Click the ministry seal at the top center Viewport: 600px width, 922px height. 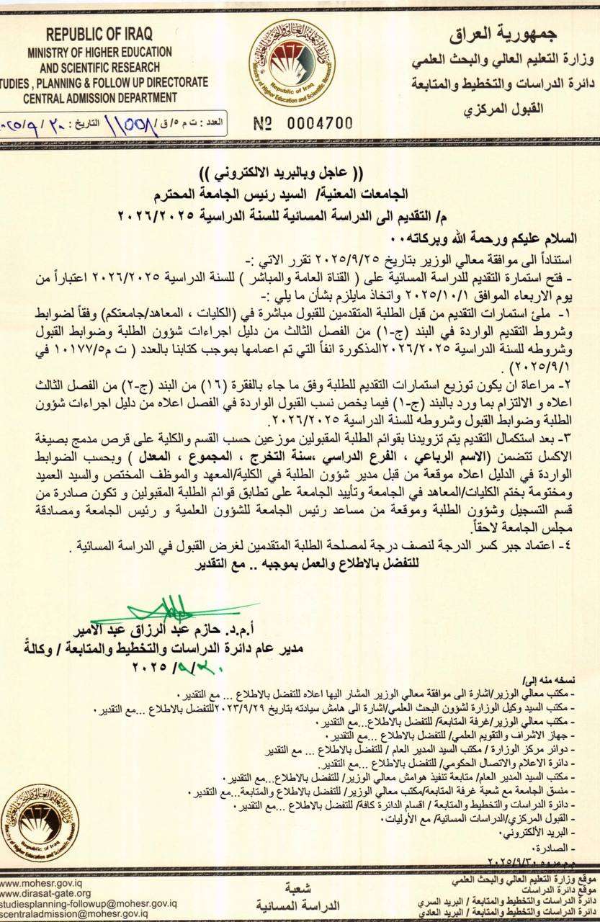coord(292,64)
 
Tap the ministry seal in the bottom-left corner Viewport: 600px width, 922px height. coord(39,824)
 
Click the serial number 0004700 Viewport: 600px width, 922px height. coord(303,122)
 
